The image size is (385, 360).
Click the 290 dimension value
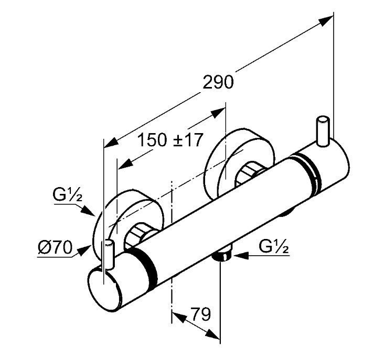pos(218,82)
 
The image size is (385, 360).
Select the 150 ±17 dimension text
pos(170,140)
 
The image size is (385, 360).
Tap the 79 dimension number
pos(200,314)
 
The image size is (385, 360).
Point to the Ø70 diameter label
pos(55,247)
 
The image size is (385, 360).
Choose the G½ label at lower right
pos(273,247)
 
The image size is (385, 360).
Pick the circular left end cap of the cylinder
pos(104,290)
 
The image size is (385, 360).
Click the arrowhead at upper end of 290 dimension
pos(326,19)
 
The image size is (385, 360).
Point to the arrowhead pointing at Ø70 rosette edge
pos(83,251)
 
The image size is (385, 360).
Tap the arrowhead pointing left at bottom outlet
pos(241,256)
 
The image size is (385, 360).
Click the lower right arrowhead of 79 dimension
pos(213,334)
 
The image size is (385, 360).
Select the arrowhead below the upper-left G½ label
pos(88,211)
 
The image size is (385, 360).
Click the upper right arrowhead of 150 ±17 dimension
pos(218,113)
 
